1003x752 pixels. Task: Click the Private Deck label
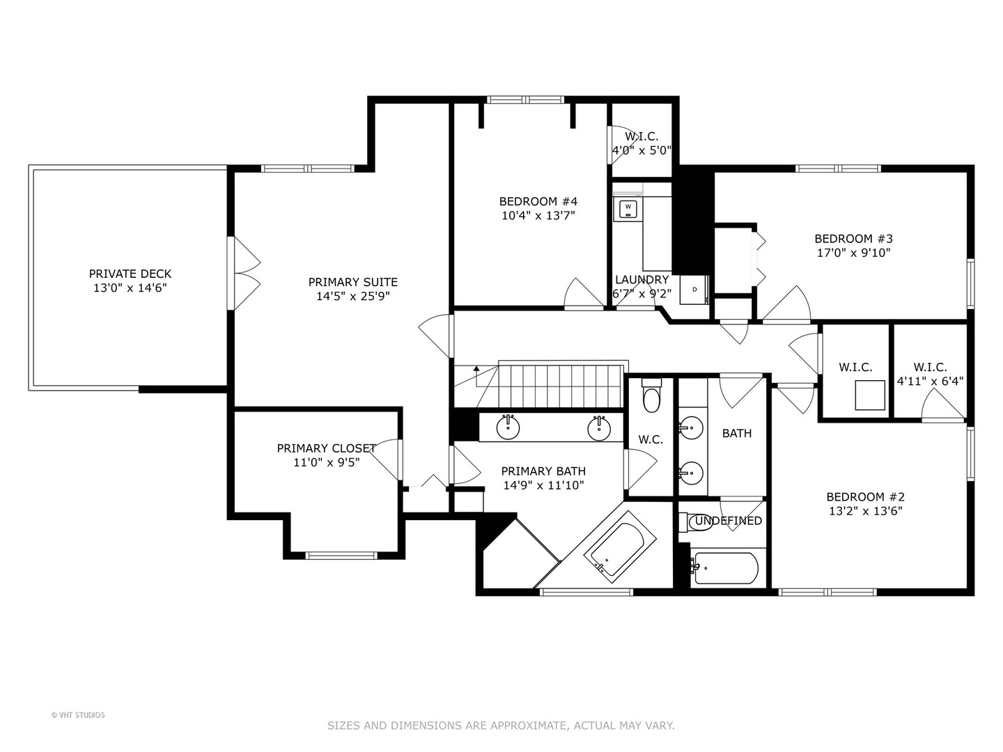tap(130, 274)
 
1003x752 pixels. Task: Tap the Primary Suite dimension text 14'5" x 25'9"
tap(353, 297)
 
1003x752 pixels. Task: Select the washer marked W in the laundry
tap(628, 209)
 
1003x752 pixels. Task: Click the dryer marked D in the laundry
tap(694, 290)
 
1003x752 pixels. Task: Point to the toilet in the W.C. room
tap(651, 395)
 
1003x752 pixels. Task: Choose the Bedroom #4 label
tap(538, 201)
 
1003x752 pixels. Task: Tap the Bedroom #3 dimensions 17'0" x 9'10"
tap(853, 253)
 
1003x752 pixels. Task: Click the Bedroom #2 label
tap(866, 496)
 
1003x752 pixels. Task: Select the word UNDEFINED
tap(729, 521)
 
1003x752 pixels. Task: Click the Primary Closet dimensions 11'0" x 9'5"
tap(326, 462)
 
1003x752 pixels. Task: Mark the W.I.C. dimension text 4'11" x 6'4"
tap(931, 381)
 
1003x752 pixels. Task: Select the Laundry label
tap(642, 279)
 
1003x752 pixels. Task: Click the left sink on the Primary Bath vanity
tap(508, 428)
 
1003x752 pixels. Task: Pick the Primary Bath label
tap(543, 471)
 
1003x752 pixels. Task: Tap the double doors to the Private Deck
tap(244, 274)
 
